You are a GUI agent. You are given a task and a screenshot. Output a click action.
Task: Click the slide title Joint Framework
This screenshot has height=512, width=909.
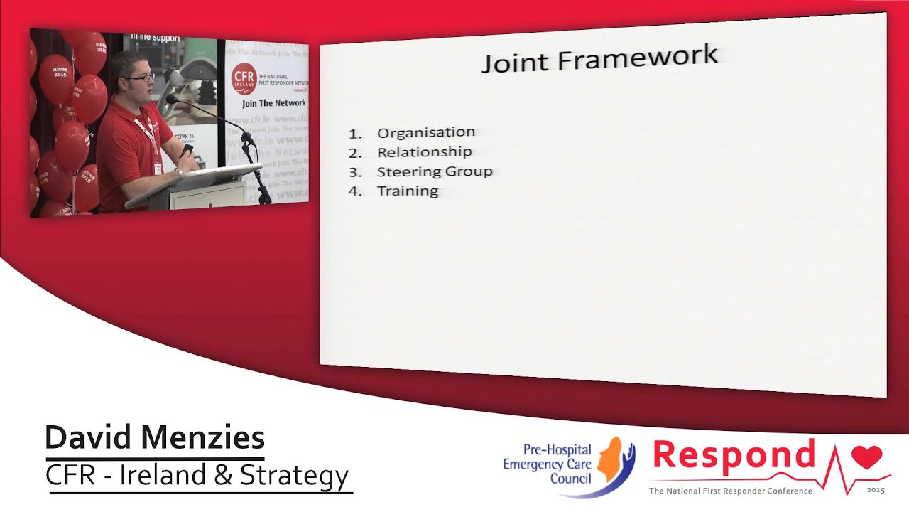600,59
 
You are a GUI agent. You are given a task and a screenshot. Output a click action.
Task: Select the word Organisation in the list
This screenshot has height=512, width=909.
425,132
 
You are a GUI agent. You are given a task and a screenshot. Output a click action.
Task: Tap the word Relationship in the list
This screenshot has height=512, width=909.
424,151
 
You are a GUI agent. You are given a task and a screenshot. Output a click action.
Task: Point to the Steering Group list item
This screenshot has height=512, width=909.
434,171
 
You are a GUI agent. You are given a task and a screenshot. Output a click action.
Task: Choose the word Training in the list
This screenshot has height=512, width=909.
408,191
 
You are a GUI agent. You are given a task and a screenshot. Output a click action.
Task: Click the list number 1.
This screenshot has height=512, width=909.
355,133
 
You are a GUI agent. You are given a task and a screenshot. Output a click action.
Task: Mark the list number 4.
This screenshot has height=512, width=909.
355,191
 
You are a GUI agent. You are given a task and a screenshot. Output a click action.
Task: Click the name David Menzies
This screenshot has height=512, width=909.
155,438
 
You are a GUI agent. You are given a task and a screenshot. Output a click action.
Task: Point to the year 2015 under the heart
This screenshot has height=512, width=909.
876,490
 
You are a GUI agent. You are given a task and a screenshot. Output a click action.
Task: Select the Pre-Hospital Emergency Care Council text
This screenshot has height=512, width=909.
547,464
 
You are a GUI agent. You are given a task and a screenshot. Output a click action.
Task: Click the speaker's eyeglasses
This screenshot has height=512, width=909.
141,77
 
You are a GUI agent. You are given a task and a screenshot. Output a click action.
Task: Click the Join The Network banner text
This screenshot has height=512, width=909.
273,103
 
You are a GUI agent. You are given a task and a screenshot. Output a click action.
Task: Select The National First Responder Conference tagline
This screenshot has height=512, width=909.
730,491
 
